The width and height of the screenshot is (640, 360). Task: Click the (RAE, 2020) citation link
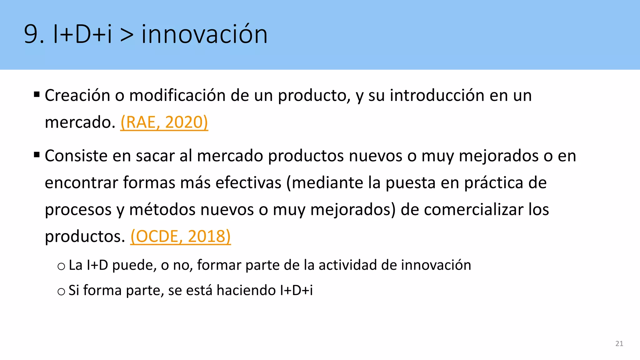click(164, 122)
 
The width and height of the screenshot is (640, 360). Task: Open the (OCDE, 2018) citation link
click(180, 236)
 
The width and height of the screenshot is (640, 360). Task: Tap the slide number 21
click(619, 344)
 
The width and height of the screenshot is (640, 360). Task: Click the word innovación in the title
click(204, 34)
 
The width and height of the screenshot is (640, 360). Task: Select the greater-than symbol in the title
click(127, 35)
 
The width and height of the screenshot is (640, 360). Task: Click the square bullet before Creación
click(37, 94)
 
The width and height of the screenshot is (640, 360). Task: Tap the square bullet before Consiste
click(37, 154)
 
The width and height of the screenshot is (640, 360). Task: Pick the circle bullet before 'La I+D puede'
click(61, 266)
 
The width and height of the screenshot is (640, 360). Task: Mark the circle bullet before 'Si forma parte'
click(61, 292)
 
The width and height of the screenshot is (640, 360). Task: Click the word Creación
click(77, 95)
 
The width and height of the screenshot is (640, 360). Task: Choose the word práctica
click(493, 183)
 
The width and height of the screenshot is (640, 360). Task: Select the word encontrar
click(81, 183)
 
